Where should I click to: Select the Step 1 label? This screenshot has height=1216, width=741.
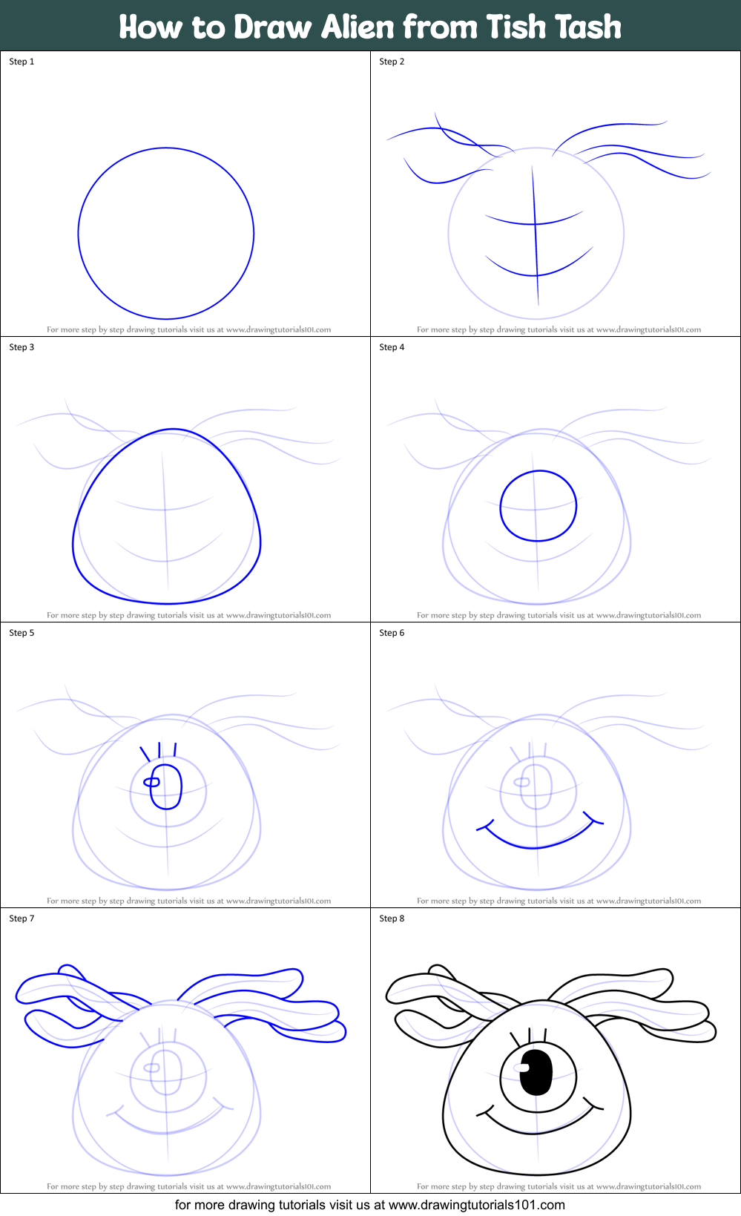22,62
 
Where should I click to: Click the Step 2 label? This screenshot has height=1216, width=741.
392,62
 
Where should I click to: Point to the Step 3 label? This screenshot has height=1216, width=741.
22,347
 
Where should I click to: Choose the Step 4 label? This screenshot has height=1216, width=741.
392,347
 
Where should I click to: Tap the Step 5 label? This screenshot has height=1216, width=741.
22,633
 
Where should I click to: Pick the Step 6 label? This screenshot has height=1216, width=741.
392,633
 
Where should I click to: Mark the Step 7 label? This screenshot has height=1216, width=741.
22,918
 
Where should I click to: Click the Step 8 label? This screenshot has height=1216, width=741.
392,918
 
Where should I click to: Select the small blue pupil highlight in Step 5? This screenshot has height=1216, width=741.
151,782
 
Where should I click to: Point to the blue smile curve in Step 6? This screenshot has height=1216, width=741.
536,847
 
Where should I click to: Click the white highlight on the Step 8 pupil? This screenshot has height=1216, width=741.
522,1068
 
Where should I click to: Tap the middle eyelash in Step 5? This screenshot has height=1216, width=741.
159,749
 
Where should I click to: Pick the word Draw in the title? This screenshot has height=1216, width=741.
273,27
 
